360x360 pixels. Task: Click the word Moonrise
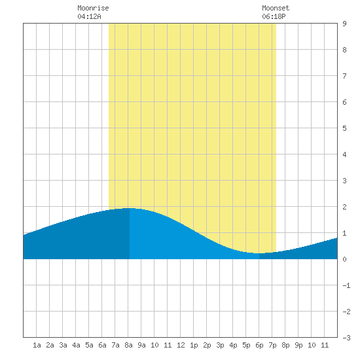point(93,8)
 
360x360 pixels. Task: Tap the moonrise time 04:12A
point(89,16)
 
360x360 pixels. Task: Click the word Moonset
point(276,8)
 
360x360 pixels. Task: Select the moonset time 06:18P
point(274,16)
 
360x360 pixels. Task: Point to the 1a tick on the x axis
point(37,345)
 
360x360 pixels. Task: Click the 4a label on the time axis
point(76,345)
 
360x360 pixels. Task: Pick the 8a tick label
point(128,345)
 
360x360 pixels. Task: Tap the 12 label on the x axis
point(181,345)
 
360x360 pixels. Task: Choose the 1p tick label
point(194,345)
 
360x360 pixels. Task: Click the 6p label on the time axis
point(259,345)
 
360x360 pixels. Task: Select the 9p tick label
point(298,345)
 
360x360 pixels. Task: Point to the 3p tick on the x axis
point(220,345)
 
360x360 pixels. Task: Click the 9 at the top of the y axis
point(344,24)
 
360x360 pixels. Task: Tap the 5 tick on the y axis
point(344,128)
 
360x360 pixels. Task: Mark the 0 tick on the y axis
point(344,259)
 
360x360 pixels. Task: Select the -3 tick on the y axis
point(346,338)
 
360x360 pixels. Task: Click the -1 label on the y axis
point(346,285)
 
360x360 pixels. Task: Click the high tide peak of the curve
point(129,208)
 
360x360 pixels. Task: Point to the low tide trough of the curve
point(259,253)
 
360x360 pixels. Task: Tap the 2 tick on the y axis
point(344,207)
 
